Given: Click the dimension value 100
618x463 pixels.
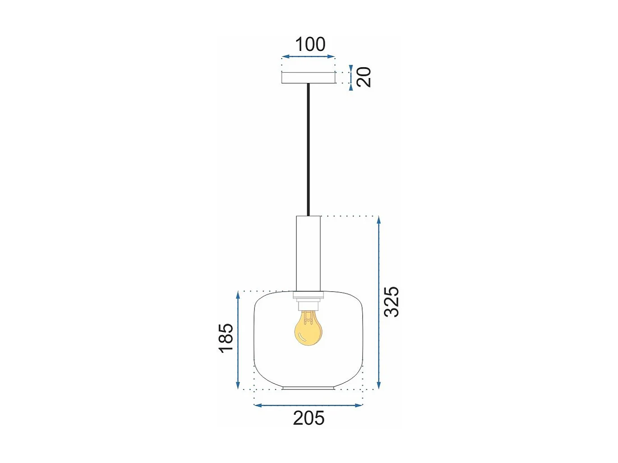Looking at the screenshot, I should [310, 45].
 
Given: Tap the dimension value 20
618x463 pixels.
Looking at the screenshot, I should [364, 77].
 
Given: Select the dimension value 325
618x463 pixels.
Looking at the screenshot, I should [391, 302].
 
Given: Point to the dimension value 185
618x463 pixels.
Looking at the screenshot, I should [226, 338].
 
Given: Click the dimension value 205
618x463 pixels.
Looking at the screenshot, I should [309, 418].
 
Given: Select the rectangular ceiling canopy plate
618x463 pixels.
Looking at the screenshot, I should [309, 78].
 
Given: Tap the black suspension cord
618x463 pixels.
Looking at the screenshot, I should [309, 149].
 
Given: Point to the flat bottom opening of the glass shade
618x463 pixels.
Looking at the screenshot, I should [309, 388].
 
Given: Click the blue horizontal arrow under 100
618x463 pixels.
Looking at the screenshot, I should [309, 57].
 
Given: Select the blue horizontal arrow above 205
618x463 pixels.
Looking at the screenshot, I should [309, 405].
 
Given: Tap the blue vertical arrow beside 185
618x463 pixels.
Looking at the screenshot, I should [238, 340].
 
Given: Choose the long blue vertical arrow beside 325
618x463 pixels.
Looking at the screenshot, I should [379, 302].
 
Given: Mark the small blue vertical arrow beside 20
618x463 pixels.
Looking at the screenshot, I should [351, 78].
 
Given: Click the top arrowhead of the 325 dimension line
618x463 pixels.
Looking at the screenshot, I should [379, 220].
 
